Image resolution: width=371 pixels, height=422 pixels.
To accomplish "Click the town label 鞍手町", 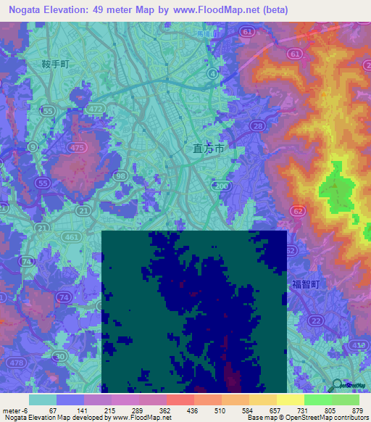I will pos(56,65).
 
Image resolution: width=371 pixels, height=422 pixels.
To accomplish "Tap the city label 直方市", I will pos(209,148).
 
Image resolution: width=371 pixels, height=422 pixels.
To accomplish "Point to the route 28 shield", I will pos(257,126).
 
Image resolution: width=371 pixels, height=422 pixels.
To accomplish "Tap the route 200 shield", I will pos(222,186).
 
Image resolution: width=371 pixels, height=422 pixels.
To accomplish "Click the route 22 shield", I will pos(314,320).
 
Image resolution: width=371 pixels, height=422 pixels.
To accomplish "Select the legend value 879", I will pos(358,410).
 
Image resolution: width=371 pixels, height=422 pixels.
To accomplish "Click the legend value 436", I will pos(179,410).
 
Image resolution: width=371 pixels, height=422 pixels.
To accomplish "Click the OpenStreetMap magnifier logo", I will pos(336,385).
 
